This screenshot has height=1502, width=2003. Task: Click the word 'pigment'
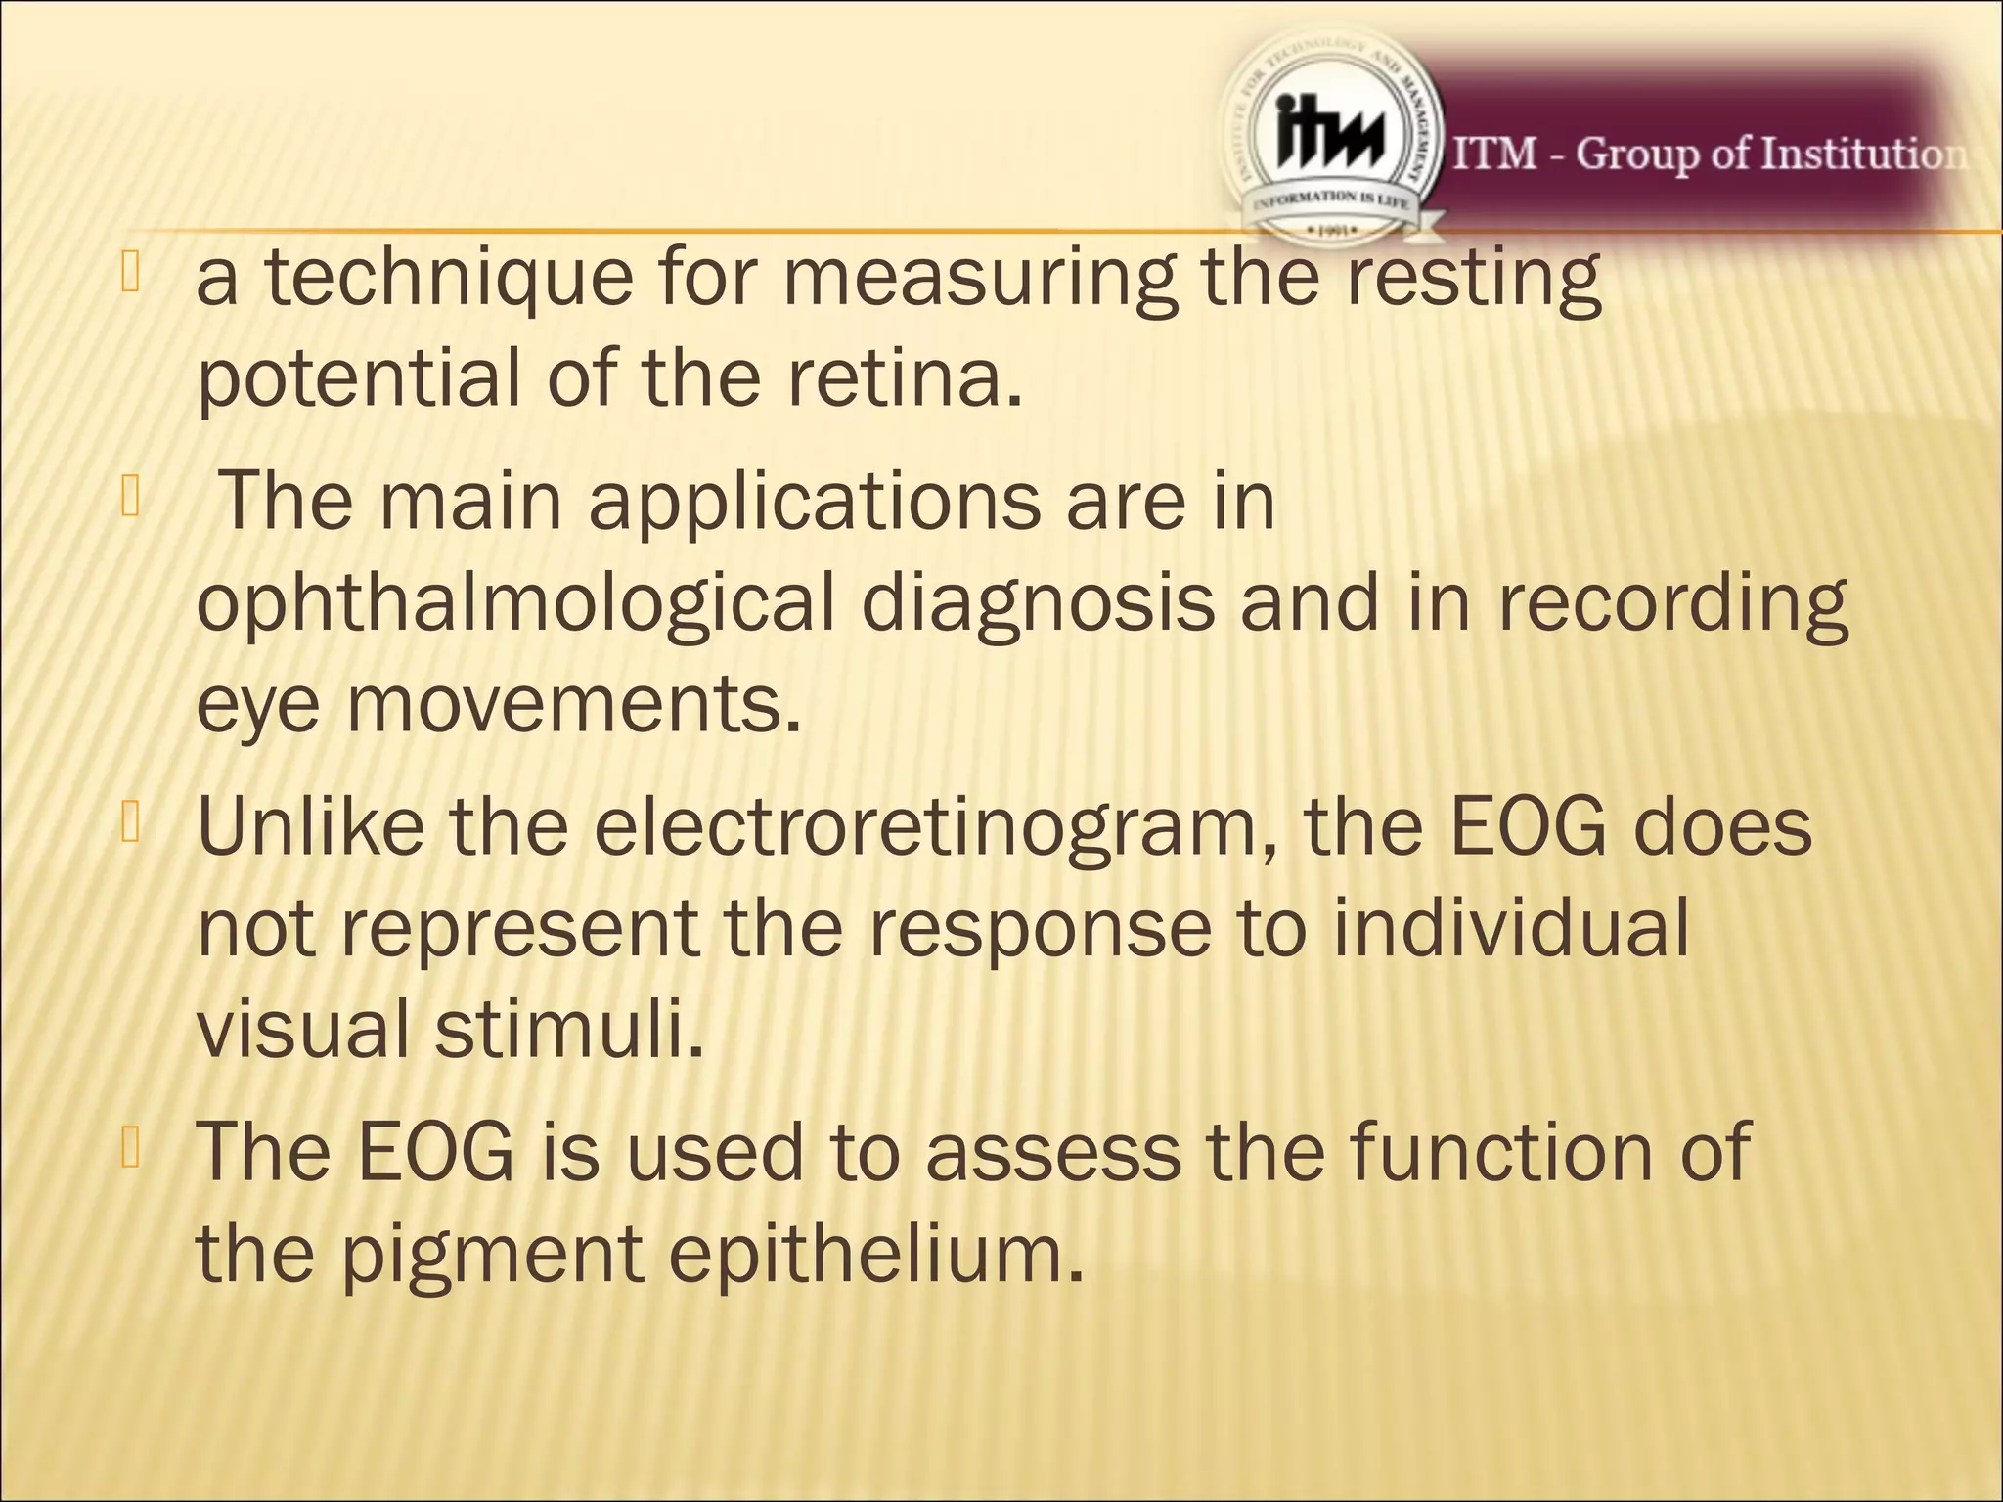pos(491,1255)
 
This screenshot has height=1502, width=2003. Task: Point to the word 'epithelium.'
pos(876,1255)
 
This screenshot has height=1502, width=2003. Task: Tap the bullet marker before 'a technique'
pos(131,273)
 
